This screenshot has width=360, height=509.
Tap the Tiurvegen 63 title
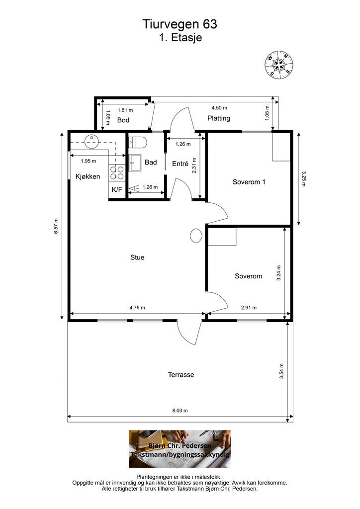tap(180, 24)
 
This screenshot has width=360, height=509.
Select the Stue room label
tap(137, 257)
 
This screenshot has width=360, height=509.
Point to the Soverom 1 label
tap(249, 182)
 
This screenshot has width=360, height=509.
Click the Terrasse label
tap(181, 375)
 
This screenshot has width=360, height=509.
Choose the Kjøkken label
tap(88, 176)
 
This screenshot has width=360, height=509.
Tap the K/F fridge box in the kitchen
tap(117, 189)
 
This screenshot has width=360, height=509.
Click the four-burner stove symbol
tap(117, 172)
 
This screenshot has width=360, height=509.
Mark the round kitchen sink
tap(91, 141)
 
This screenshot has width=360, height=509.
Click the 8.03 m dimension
tap(180, 410)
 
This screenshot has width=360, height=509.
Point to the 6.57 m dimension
tap(57, 226)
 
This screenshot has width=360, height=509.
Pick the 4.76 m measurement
tap(137, 307)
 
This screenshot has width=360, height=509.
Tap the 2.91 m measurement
tap(249, 307)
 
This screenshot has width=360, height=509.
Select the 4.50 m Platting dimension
tap(219, 108)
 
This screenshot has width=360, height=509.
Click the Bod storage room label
tap(123, 120)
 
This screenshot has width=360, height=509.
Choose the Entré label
tap(180, 164)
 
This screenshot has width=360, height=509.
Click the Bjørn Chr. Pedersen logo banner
tap(180, 449)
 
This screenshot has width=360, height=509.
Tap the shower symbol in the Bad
tap(133, 188)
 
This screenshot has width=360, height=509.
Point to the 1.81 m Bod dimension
tap(125, 110)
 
